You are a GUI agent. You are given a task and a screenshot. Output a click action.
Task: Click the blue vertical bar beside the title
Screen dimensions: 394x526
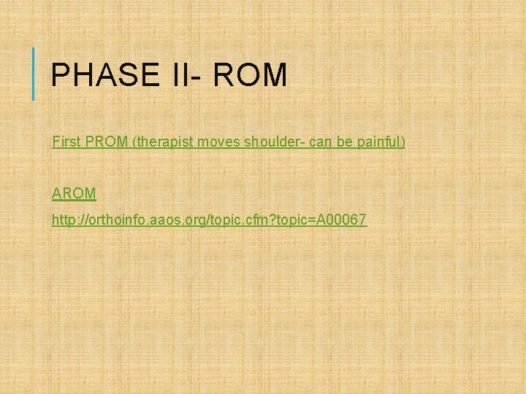(x=34, y=73)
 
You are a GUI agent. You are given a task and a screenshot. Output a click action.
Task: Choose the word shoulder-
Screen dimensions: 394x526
(x=276, y=141)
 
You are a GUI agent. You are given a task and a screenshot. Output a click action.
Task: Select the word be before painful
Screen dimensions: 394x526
(x=346, y=141)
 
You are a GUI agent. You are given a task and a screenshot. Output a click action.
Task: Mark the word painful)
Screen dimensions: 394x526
(x=381, y=141)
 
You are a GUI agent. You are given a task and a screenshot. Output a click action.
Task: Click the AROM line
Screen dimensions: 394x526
(x=74, y=193)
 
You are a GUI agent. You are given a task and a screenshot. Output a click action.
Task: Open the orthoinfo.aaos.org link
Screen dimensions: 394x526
(x=209, y=220)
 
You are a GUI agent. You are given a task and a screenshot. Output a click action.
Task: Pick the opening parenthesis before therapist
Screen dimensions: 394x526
(x=134, y=141)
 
